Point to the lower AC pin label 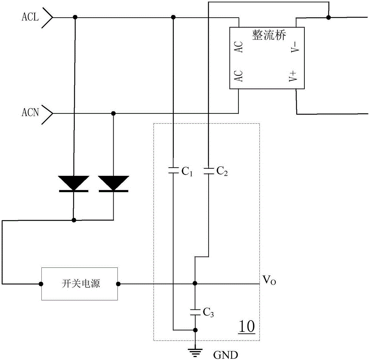pos(239,77)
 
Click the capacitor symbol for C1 pos(173,171)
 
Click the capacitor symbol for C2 pos(208,171)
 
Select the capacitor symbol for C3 pos(195,311)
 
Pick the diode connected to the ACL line pos(74,184)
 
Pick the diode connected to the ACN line pos(113,184)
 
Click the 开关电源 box pos(79,284)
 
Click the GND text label pos(224,354)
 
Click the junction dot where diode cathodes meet pos(74,220)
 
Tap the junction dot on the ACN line pos(113,113)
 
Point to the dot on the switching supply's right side pos(118,284)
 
